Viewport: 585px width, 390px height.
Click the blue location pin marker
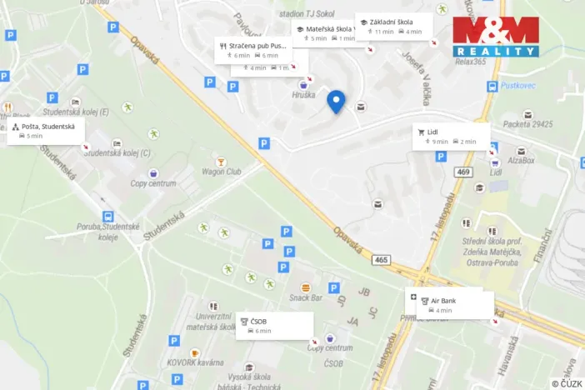[x=336, y=101]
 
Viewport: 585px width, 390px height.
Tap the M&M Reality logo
[x=496, y=36]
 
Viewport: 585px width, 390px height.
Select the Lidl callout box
[x=451, y=136]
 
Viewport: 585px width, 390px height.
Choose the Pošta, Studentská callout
[x=47, y=130]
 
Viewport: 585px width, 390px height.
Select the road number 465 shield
[x=381, y=261]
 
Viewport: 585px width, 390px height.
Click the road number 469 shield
[x=463, y=172]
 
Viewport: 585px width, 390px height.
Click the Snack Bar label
[x=305, y=297]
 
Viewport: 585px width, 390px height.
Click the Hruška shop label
[x=304, y=95]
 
